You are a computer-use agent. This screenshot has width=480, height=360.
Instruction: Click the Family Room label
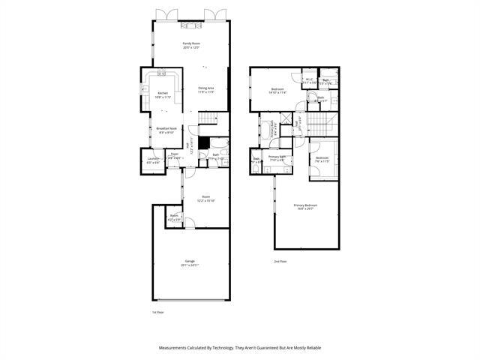[x=191, y=43]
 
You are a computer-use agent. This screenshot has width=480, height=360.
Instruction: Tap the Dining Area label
[x=206, y=88]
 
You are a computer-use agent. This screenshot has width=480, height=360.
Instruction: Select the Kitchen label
[x=163, y=93]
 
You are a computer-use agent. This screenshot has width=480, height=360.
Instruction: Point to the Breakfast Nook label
[x=166, y=128]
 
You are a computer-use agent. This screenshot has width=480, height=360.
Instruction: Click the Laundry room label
[x=152, y=158]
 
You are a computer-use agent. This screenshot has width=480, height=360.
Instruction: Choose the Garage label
[x=190, y=261]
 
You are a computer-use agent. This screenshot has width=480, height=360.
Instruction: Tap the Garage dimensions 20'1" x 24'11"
[x=190, y=265]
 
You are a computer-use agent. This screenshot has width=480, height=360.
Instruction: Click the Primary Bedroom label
[x=305, y=205]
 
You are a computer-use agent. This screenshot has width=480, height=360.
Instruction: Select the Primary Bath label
[x=277, y=156]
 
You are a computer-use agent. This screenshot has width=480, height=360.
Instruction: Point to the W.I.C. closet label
[x=309, y=79]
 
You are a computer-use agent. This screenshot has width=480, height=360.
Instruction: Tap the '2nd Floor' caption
[x=280, y=261]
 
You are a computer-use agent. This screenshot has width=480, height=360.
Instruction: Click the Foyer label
[x=174, y=154]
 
